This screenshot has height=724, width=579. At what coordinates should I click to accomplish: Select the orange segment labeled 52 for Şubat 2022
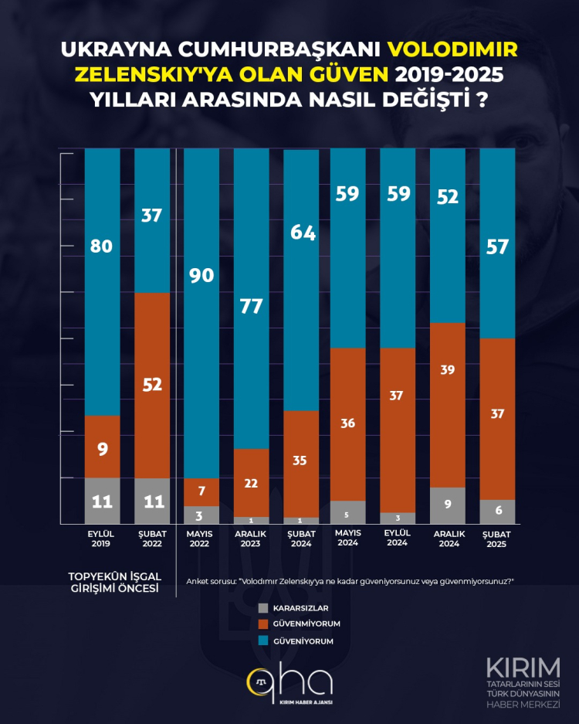pos(152,385)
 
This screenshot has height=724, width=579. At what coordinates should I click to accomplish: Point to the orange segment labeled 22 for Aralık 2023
pos(252,482)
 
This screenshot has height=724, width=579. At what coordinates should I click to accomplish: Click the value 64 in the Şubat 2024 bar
pos(302,232)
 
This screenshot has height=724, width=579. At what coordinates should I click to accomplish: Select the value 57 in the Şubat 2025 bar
pos(497,246)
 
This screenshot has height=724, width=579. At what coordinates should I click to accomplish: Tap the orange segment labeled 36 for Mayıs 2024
pos(347,423)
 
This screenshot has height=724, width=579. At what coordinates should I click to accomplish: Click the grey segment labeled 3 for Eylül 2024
pos(397,518)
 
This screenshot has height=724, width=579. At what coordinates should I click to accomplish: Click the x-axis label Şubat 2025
pos(497,538)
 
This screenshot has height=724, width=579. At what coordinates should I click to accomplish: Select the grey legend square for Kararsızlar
pos(263,607)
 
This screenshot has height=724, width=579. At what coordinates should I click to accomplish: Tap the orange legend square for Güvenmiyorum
pos(263,623)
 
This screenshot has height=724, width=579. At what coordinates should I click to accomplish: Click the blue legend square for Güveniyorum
pos(263,640)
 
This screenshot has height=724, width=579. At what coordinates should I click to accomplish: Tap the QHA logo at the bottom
pos(289,683)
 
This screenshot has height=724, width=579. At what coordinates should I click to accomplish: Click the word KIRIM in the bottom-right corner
pos(523,666)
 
